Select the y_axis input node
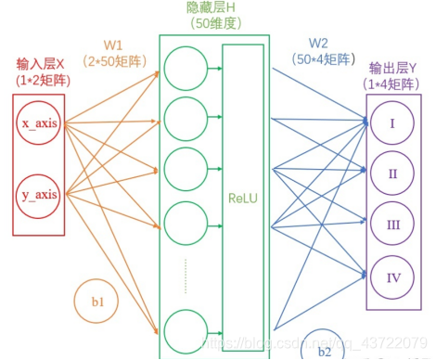(40, 195)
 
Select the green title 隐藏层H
(214, 7)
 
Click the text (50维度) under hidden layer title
(214, 23)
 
